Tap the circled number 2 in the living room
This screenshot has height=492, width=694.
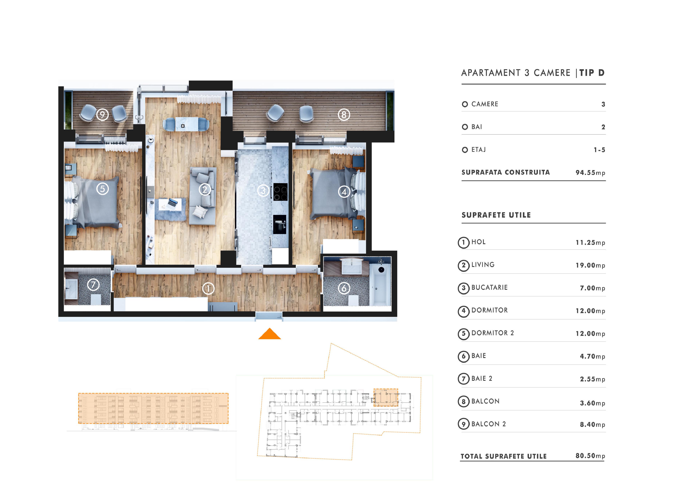[x=205, y=190]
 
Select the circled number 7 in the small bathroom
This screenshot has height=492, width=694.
[x=93, y=285]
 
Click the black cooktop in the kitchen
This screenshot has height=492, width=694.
[x=280, y=192]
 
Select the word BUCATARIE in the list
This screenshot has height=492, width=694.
[x=489, y=288]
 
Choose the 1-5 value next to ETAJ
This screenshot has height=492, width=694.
[x=599, y=150]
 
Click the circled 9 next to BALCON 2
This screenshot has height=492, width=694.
[x=463, y=424]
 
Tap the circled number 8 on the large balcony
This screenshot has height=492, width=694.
[x=344, y=115]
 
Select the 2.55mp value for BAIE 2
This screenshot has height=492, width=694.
[x=592, y=379]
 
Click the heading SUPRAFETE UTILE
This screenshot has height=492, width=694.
[x=496, y=215]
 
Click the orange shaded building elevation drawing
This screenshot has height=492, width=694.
[x=153, y=408]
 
